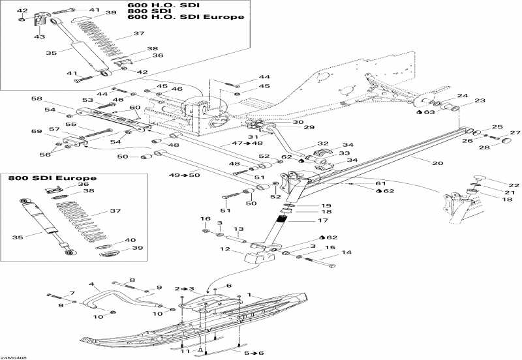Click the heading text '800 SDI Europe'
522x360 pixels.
[52, 178]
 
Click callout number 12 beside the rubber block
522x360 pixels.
[224, 249]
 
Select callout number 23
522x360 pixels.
[480, 100]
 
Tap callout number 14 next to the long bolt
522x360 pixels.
[346, 252]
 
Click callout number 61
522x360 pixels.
[380, 183]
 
